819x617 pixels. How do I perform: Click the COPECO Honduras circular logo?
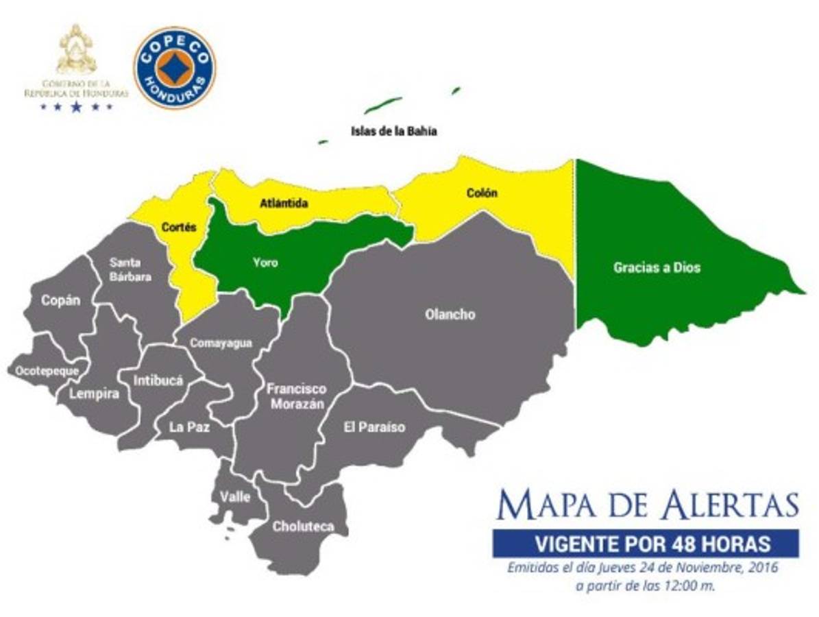tap(174, 68)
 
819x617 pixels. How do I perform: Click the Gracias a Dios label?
tap(657, 267)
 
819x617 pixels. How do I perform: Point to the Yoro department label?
tap(265, 262)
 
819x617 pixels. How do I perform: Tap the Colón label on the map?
tap(482, 193)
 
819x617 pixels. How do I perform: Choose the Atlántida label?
tap(284, 204)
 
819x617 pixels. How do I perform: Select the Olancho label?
tap(450, 315)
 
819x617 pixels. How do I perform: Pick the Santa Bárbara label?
tap(129, 269)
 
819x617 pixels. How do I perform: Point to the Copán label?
tap(60, 301)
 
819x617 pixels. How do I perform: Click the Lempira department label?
tap(94, 394)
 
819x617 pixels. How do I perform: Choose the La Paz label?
tap(189, 426)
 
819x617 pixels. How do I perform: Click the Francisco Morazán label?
tap(297, 396)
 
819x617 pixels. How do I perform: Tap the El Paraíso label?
tap(374, 427)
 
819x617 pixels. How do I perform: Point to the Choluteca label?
tap(303, 527)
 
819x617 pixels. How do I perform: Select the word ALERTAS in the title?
tap(731, 506)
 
